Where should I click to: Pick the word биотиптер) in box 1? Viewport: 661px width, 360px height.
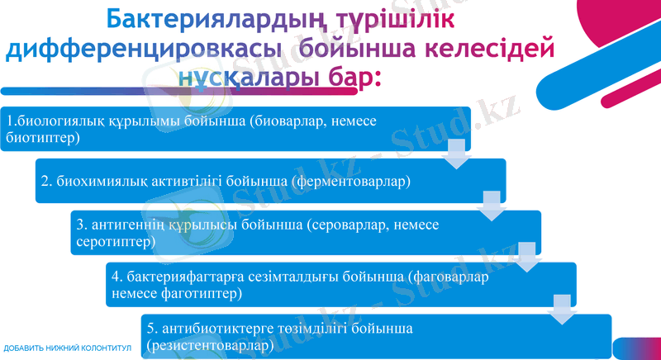43,137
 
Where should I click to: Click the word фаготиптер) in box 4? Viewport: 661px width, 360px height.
204,293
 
